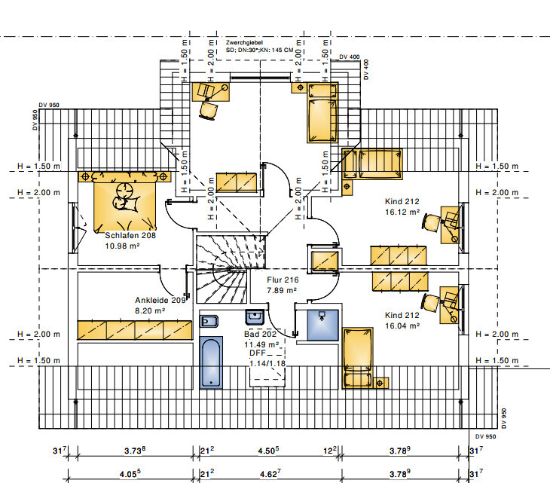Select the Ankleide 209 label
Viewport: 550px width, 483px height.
pos(160,299)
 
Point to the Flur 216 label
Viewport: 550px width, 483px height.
pos(283,280)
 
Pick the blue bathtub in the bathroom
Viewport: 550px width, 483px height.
pos(211,362)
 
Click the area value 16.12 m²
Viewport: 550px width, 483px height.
pos(402,212)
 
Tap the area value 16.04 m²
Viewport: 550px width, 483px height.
pos(402,326)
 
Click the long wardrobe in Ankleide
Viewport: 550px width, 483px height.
pos(135,329)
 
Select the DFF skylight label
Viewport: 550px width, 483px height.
pos(258,353)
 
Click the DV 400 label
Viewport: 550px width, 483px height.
pos(350,57)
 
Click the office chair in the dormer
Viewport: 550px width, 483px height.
pos(207,109)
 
